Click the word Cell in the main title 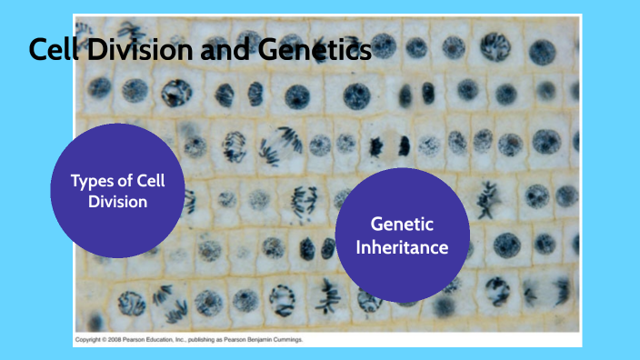[51, 50]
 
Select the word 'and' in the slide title [212, 50]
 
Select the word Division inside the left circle [117, 201]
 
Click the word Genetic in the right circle [402, 225]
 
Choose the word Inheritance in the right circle [402, 246]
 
